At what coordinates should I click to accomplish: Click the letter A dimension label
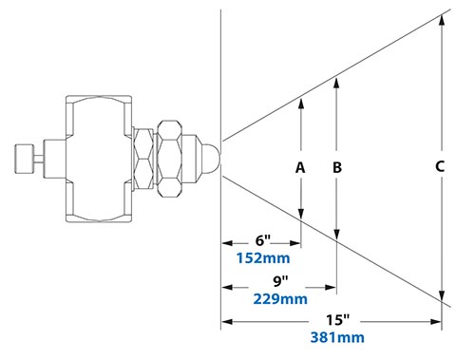300,167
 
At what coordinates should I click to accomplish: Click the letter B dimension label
336,167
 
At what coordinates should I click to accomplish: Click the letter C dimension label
440,167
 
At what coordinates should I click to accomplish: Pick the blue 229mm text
280,299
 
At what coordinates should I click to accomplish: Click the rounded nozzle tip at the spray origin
215,154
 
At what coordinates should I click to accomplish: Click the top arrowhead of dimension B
336,83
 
